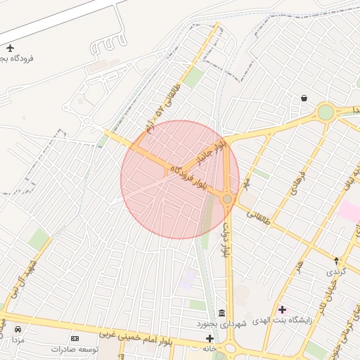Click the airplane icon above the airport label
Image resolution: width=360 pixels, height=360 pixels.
[x=10, y=48]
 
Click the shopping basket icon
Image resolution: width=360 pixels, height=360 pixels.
[x=304, y=98]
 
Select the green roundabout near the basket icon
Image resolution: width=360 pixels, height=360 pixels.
[x=325, y=112]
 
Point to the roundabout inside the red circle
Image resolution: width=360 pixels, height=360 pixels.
[x=227, y=199]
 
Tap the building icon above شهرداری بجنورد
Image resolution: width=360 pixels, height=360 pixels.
[x=222, y=313]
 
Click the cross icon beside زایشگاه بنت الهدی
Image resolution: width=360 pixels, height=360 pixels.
[x=282, y=309]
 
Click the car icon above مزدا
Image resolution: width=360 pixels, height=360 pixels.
[x=18, y=329]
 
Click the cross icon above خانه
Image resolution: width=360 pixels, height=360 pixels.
[x=210, y=338]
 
